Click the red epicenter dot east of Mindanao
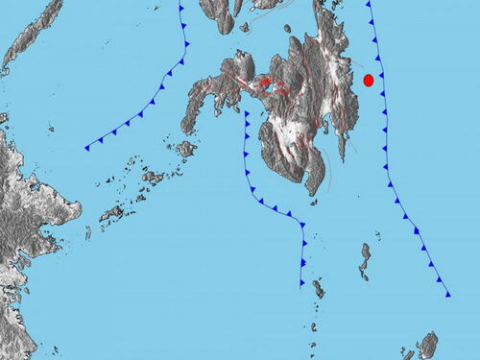368,81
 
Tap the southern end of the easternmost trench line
448,295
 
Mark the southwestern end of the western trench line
86,148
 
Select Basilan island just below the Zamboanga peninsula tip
186,149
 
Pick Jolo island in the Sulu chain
153,178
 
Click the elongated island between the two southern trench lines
366,257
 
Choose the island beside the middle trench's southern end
318,288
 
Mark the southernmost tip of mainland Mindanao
313,191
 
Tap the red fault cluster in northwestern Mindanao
265,84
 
